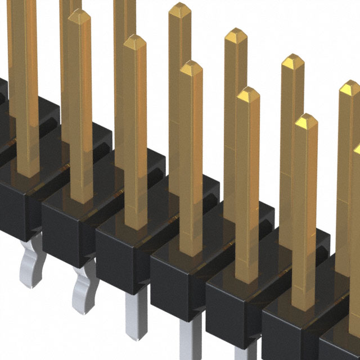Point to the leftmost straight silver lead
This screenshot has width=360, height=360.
pos(136,315)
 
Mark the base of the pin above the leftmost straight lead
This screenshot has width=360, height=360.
pos(136,222)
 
